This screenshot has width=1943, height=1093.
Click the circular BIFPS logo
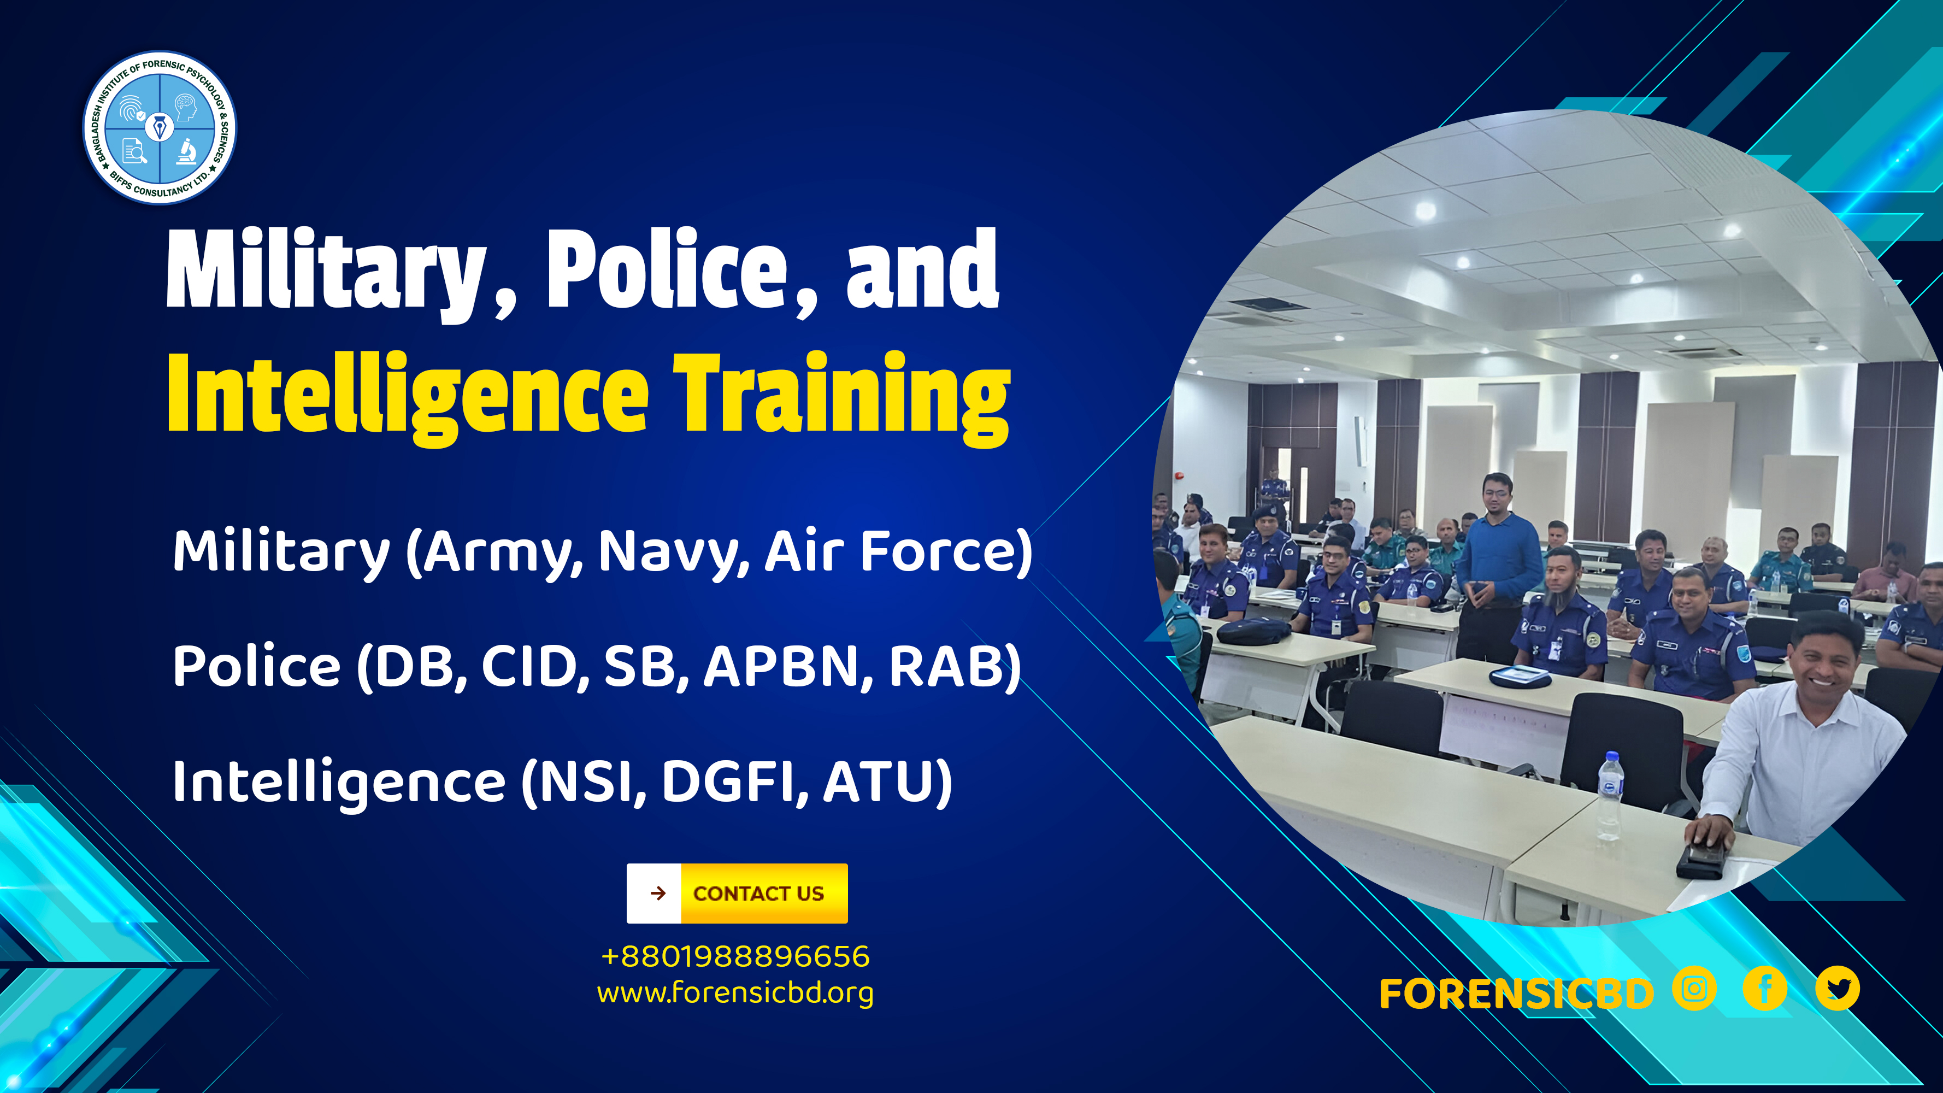(x=159, y=127)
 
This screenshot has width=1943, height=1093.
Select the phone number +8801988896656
(x=735, y=956)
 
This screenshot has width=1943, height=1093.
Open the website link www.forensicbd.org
(x=735, y=992)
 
